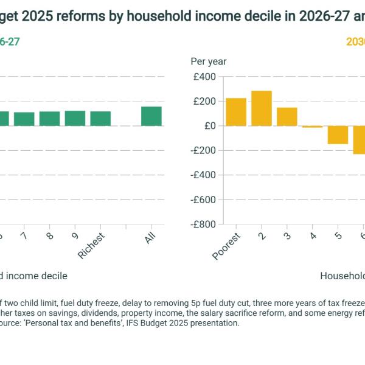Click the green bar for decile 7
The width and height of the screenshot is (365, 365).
point(24,119)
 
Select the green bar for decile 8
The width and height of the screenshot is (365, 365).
point(50,119)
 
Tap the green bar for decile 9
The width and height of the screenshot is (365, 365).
point(75,118)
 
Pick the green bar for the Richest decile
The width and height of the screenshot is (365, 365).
point(100,119)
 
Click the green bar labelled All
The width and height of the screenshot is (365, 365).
point(151,116)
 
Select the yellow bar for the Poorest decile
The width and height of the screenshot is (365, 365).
point(236,112)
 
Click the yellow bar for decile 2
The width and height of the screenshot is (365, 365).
point(262,108)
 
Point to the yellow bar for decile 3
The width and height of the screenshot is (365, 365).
point(287,117)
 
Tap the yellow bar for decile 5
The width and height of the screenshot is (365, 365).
point(338,135)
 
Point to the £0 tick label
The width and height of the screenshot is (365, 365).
point(209,126)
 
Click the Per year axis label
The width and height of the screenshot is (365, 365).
point(209,61)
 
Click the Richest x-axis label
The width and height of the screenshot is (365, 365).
point(92,246)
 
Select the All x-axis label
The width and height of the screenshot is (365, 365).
point(150,238)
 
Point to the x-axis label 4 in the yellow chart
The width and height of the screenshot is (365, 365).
point(313,235)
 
